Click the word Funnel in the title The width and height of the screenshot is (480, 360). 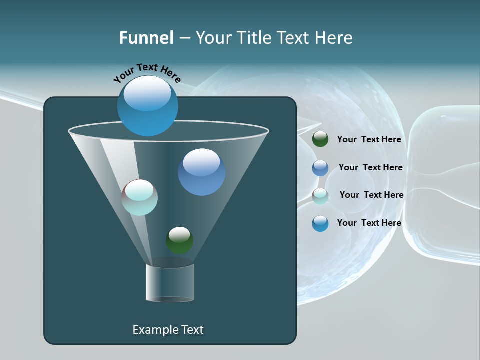pos(146,38)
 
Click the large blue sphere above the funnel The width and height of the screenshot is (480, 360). pos(148,105)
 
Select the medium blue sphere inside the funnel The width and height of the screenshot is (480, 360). pos(202,172)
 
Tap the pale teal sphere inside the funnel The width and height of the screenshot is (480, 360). pos(140,197)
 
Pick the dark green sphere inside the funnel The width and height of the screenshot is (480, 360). pos(179,240)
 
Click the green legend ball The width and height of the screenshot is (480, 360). pos(320,139)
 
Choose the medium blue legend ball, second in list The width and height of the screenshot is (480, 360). pos(320,168)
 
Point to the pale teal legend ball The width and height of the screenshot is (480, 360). pos(320,196)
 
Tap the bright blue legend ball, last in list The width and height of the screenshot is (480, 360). pos(320,223)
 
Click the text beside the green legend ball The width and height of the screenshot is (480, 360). pos(369,139)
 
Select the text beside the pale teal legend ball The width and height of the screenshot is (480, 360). pos(371,195)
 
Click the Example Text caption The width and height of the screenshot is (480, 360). pos(168,330)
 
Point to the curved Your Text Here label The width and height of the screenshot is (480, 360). pos(147,73)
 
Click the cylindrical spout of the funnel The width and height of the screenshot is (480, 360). pos(170,283)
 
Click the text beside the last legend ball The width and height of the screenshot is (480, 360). pos(369,223)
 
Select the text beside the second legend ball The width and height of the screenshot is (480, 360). pos(370,167)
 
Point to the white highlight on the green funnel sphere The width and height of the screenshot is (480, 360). pos(179,233)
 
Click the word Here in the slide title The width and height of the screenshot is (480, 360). pos(334,38)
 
